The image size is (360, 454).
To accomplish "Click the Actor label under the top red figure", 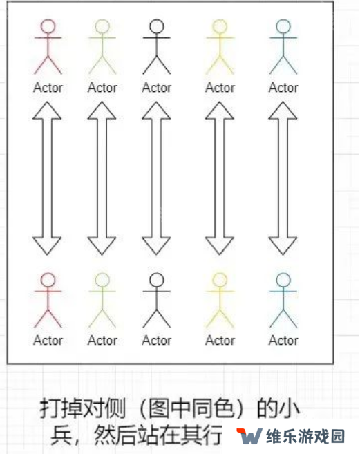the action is coord(48,88).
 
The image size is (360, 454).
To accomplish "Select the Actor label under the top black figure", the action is coord(156,88).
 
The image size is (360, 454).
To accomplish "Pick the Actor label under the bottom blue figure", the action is coord(283,340).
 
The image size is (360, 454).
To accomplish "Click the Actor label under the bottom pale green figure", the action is coord(102,340).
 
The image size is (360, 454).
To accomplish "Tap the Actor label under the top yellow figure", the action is coord(220,88).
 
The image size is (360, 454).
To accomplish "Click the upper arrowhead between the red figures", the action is coord(47,111).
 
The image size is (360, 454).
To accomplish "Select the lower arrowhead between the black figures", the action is coord(156,246).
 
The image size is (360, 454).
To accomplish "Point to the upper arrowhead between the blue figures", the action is coord(283,111).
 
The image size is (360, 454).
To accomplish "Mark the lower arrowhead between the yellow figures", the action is coord(220,246).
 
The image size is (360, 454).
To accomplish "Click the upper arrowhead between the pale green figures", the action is coord(102,111).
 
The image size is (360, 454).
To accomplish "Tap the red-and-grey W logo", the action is coord(249,436).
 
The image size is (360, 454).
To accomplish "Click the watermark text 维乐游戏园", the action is coord(305,436).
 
